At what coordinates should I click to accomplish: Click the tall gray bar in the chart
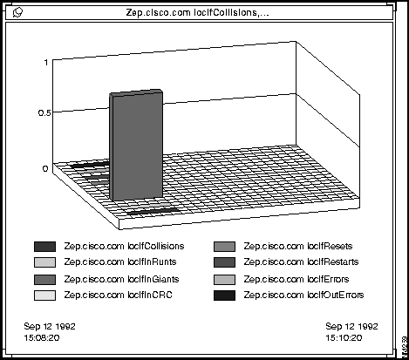click(x=136, y=146)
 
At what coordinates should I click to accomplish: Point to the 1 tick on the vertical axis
click(x=46, y=62)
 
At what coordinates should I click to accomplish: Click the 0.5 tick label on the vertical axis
click(x=44, y=112)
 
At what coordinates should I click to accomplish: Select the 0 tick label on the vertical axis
click(x=45, y=169)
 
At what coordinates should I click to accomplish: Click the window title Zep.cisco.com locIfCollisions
click(x=197, y=12)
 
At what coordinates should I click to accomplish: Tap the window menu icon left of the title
click(x=17, y=12)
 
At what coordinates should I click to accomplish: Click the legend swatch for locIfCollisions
click(x=44, y=247)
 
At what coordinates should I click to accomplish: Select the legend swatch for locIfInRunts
click(x=44, y=262)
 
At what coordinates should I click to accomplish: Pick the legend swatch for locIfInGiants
click(x=44, y=280)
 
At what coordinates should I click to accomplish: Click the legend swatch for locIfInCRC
click(x=44, y=295)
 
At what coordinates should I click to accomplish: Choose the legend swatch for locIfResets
click(x=224, y=247)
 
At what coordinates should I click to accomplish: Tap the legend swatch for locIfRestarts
click(x=224, y=262)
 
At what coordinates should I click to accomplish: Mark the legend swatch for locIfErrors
click(x=224, y=280)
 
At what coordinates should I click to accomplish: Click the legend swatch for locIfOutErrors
click(x=224, y=295)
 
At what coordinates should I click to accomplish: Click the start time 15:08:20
click(x=42, y=337)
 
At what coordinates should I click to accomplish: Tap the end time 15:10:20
click(x=344, y=337)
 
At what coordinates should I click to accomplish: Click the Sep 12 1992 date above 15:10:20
click(x=351, y=326)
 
